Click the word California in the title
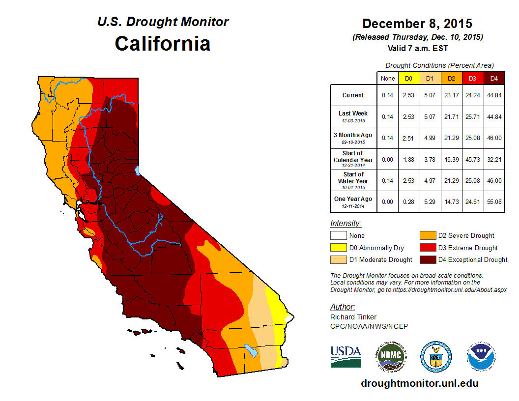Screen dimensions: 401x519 163,44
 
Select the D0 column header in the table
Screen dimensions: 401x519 408,78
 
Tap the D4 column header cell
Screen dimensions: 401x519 494,78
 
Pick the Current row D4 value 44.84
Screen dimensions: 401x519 494,95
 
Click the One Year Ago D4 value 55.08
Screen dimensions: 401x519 494,199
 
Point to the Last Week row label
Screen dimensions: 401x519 353,114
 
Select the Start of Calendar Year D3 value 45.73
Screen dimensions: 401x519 472,160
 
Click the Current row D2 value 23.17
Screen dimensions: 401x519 451,95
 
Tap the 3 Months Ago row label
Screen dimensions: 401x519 353,135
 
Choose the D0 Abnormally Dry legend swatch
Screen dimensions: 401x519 338,248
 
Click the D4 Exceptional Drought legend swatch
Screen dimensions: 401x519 427,259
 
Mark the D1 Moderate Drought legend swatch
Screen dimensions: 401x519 338,259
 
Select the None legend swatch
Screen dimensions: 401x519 338,236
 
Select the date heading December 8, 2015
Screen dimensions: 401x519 417,24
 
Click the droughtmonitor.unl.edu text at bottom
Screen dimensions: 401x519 419,383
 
